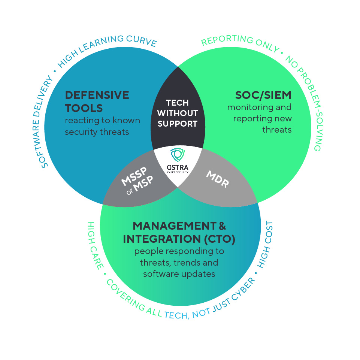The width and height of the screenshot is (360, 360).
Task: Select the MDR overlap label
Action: [x=217, y=179]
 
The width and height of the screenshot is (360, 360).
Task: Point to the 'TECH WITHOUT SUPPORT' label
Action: [x=178, y=113]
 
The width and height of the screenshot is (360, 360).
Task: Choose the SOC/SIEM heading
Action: [x=263, y=95]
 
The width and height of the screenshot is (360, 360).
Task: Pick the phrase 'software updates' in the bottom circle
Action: [x=179, y=274]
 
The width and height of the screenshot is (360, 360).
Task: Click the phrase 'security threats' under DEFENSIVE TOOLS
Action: [x=97, y=132]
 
